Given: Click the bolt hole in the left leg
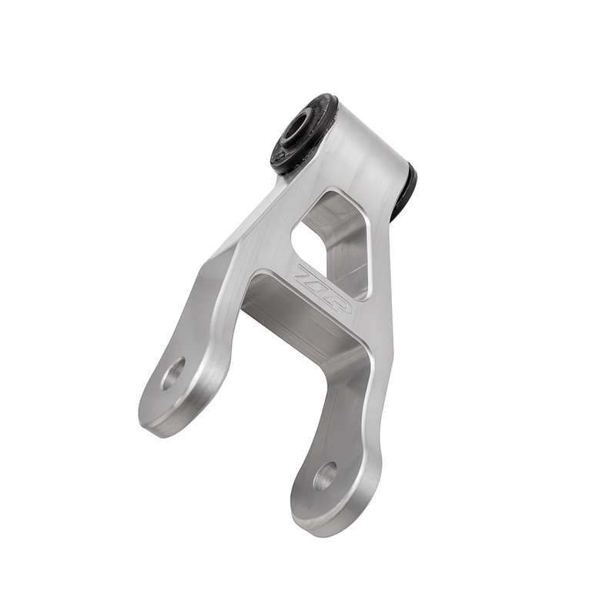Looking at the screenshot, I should coord(172,373).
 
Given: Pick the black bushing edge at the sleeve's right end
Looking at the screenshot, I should coord(404,192).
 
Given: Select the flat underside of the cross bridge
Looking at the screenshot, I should coord(296,316).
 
